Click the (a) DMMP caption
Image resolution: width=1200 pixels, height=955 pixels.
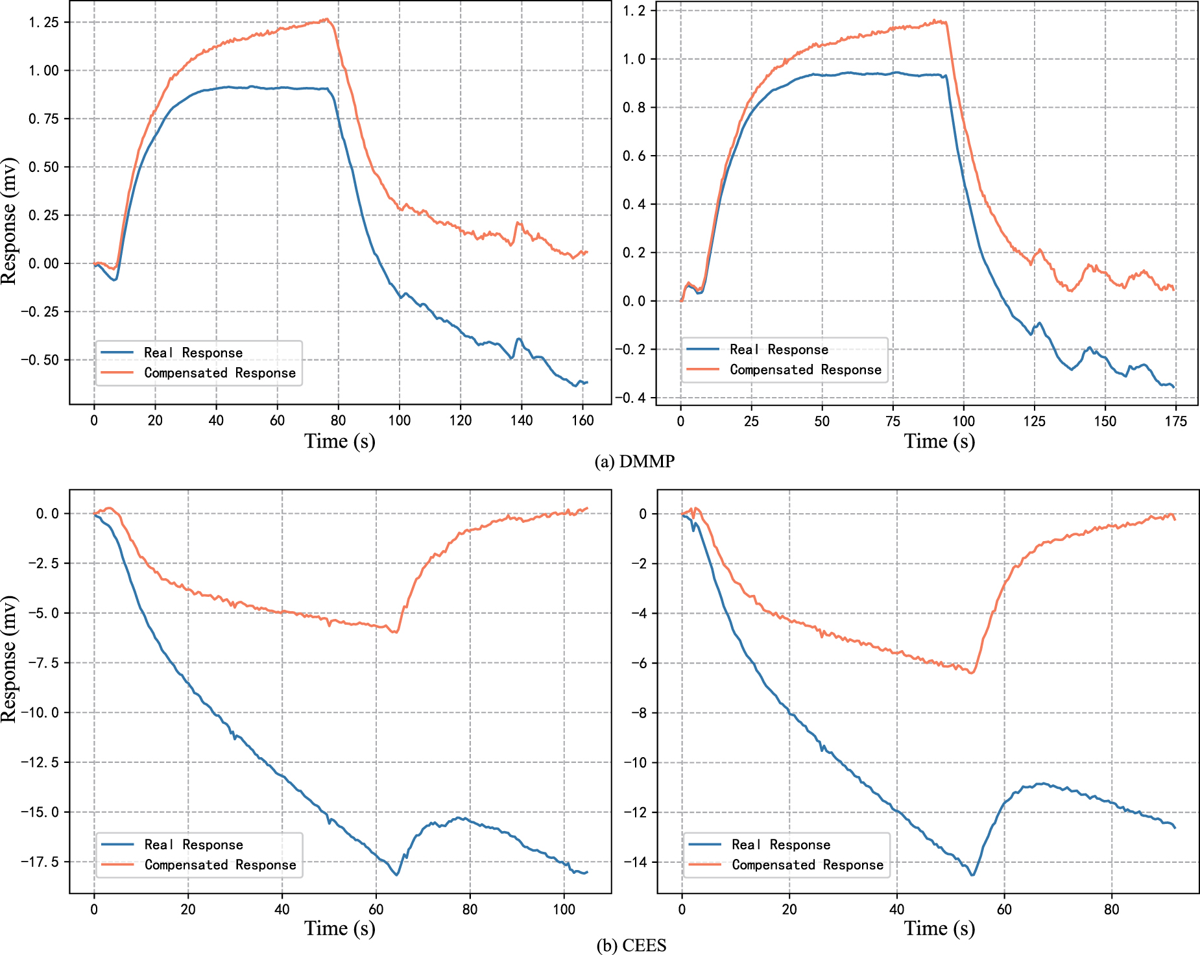(634, 461)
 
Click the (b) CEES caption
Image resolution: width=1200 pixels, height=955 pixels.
(631, 945)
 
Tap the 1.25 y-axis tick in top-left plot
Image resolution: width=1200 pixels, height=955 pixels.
(43, 23)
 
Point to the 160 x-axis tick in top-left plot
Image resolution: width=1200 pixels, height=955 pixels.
(582, 420)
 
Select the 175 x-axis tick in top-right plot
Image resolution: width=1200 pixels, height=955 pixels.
(1175, 422)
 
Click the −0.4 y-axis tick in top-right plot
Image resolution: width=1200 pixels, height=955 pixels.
(634, 398)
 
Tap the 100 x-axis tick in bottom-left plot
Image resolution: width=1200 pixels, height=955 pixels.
(564, 910)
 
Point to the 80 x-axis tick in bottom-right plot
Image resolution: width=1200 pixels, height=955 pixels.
(1112, 910)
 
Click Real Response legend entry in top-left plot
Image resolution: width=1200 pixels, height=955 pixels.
(193, 353)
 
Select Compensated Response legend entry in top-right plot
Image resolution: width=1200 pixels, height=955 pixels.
(805, 370)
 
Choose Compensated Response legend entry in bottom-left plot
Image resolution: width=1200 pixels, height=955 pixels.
(220, 865)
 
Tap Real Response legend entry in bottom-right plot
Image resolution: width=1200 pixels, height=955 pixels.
(780, 845)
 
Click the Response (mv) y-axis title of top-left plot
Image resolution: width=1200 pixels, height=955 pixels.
(9, 221)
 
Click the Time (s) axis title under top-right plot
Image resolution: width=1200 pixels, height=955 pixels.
(939, 442)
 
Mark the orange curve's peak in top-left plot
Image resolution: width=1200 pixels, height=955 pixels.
(328, 19)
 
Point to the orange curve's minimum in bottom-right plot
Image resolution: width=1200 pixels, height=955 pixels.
(971, 673)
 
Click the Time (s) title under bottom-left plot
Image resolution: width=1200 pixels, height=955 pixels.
(340, 929)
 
